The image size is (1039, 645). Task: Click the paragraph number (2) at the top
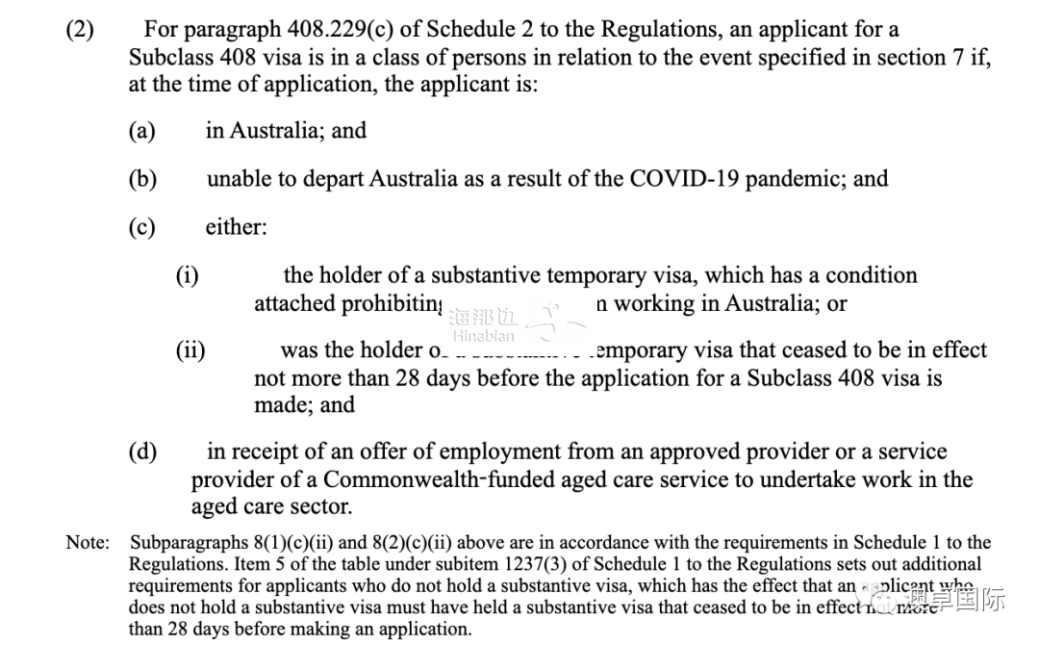click(x=80, y=30)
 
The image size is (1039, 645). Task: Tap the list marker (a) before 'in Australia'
click(x=141, y=130)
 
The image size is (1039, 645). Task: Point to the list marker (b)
click(x=142, y=178)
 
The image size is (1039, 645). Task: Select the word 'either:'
click(x=236, y=227)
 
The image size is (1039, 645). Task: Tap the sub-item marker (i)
click(x=187, y=275)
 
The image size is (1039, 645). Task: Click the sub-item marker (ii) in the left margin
click(x=190, y=349)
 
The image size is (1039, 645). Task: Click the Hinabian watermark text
click(x=483, y=336)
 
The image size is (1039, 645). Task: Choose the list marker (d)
click(x=142, y=451)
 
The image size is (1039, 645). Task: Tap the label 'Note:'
click(x=88, y=543)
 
